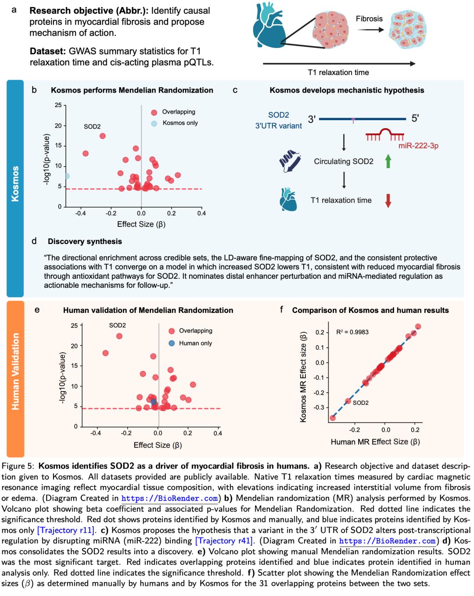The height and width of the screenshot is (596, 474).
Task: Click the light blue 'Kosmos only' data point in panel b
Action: pos(67,176)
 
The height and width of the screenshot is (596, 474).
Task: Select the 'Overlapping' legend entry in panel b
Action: pos(178,112)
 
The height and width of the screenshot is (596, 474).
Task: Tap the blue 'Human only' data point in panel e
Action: pos(153,402)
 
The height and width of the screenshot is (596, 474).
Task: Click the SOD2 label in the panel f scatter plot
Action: pos(360,402)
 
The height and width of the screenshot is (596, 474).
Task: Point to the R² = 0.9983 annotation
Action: pos(352,332)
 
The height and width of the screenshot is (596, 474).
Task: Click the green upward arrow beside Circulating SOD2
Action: pos(388,161)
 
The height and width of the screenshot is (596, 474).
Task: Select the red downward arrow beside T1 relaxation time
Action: pos(388,200)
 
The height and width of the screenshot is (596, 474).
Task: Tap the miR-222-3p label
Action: pos(418,146)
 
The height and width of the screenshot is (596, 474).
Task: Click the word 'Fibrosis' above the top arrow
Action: pos(369,19)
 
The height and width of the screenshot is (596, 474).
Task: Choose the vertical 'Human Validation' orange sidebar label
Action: pos(15,371)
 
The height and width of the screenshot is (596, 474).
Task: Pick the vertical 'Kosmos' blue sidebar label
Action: pos(15,183)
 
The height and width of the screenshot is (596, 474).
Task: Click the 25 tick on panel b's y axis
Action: pos(58,105)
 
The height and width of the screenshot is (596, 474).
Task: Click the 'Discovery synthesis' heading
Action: pos(85,241)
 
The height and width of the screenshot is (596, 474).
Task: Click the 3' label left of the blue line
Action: pos(312,119)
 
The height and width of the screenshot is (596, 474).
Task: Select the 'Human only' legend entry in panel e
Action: pos(195,343)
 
